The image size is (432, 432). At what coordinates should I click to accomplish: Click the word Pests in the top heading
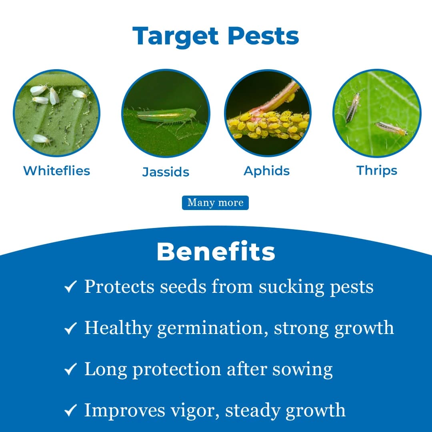pos(263,36)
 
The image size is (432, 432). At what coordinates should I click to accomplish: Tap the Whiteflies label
pos(56,171)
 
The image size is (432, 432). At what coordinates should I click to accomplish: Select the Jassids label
pos(166,172)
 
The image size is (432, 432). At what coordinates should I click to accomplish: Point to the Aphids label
pos(267,171)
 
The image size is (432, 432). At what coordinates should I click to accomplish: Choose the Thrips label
pos(377,170)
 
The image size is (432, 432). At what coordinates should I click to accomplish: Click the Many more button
pos(215,203)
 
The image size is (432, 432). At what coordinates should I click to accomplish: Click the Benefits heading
pos(216,252)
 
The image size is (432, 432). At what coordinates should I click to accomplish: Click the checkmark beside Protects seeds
pos(70,287)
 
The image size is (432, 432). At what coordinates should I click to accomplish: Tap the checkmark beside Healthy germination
pos(70,329)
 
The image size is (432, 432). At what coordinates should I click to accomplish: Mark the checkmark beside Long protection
pos(70,370)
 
